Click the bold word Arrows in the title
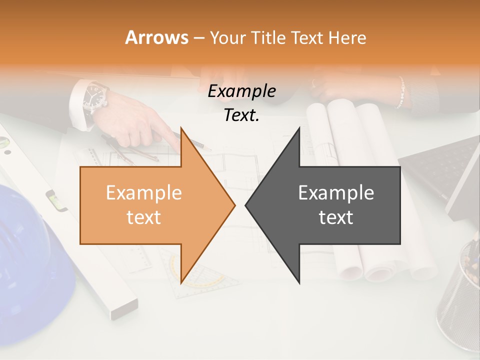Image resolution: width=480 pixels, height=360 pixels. (x=157, y=37)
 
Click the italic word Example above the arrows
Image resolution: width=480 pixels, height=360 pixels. (x=241, y=91)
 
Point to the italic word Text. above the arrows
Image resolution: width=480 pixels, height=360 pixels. (x=241, y=115)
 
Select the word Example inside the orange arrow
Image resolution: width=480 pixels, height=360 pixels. (x=143, y=193)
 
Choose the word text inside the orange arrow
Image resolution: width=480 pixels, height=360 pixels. (x=143, y=217)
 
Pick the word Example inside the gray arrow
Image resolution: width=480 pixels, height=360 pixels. (x=336, y=193)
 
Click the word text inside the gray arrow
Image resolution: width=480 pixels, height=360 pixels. (x=336, y=217)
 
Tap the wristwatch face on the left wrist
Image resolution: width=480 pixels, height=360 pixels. (x=95, y=93)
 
